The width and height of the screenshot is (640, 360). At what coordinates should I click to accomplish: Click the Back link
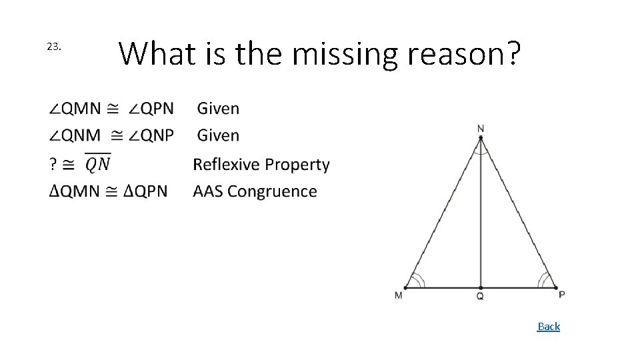[x=549, y=327]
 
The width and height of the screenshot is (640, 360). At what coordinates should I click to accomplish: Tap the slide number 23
[x=54, y=47]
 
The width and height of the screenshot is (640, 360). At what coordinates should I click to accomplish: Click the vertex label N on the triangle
[x=481, y=128]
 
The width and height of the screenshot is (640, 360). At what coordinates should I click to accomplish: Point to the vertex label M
[x=398, y=295]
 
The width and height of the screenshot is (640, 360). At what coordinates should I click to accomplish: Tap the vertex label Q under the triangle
[x=480, y=297]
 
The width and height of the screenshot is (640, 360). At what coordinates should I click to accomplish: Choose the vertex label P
[x=561, y=295]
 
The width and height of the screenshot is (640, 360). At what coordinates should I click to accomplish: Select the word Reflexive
[x=226, y=165]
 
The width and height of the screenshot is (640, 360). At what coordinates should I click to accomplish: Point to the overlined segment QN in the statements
[x=98, y=163]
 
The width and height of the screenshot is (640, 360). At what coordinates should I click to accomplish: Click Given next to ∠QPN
[x=219, y=108]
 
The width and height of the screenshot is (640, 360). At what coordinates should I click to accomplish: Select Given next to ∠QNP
[x=219, y=135]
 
